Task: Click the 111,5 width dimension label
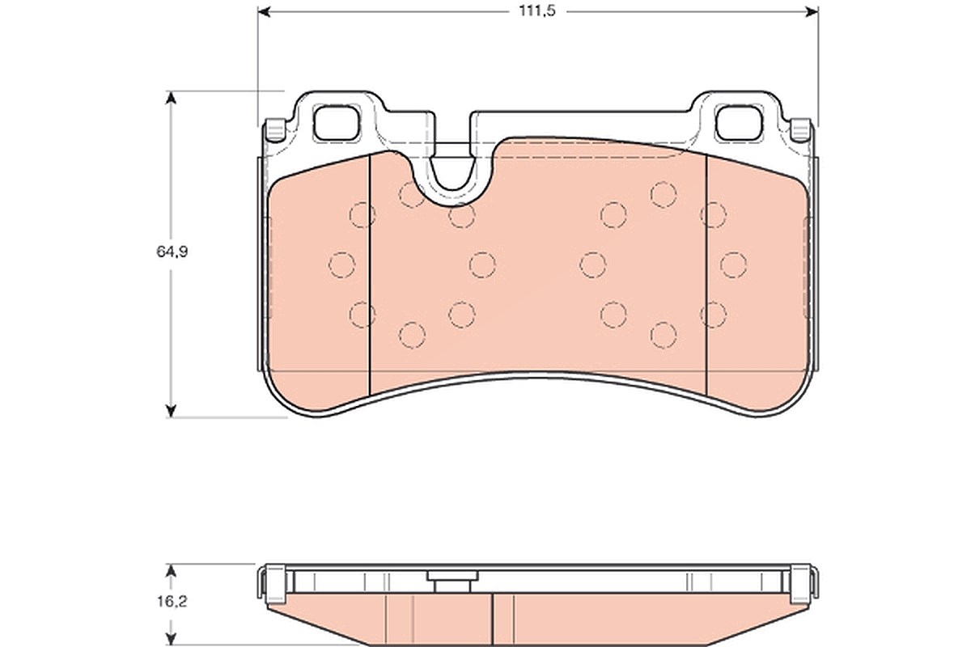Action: [537, 11]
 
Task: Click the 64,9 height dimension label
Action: [172, 252]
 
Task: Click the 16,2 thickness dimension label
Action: [172, 602]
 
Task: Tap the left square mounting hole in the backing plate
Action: [337, 123]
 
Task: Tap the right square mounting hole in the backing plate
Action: [739, 123]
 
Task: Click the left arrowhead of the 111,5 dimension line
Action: [264, 11]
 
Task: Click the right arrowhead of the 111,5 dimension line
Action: [812, 11]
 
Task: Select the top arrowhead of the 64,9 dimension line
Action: [172, 98]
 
